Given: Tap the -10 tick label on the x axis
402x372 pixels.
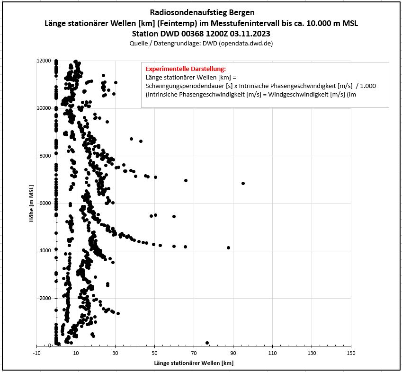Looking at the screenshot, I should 36,353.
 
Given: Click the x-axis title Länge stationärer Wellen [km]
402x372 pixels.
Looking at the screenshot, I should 193,363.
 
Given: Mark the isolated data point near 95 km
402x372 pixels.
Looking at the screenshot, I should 243,183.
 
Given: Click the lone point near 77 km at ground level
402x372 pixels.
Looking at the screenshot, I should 207,343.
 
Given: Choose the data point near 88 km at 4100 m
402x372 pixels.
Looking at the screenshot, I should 229,248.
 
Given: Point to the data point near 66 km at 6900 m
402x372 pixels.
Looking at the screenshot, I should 186,180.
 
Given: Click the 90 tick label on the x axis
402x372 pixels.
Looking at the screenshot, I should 232,353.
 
